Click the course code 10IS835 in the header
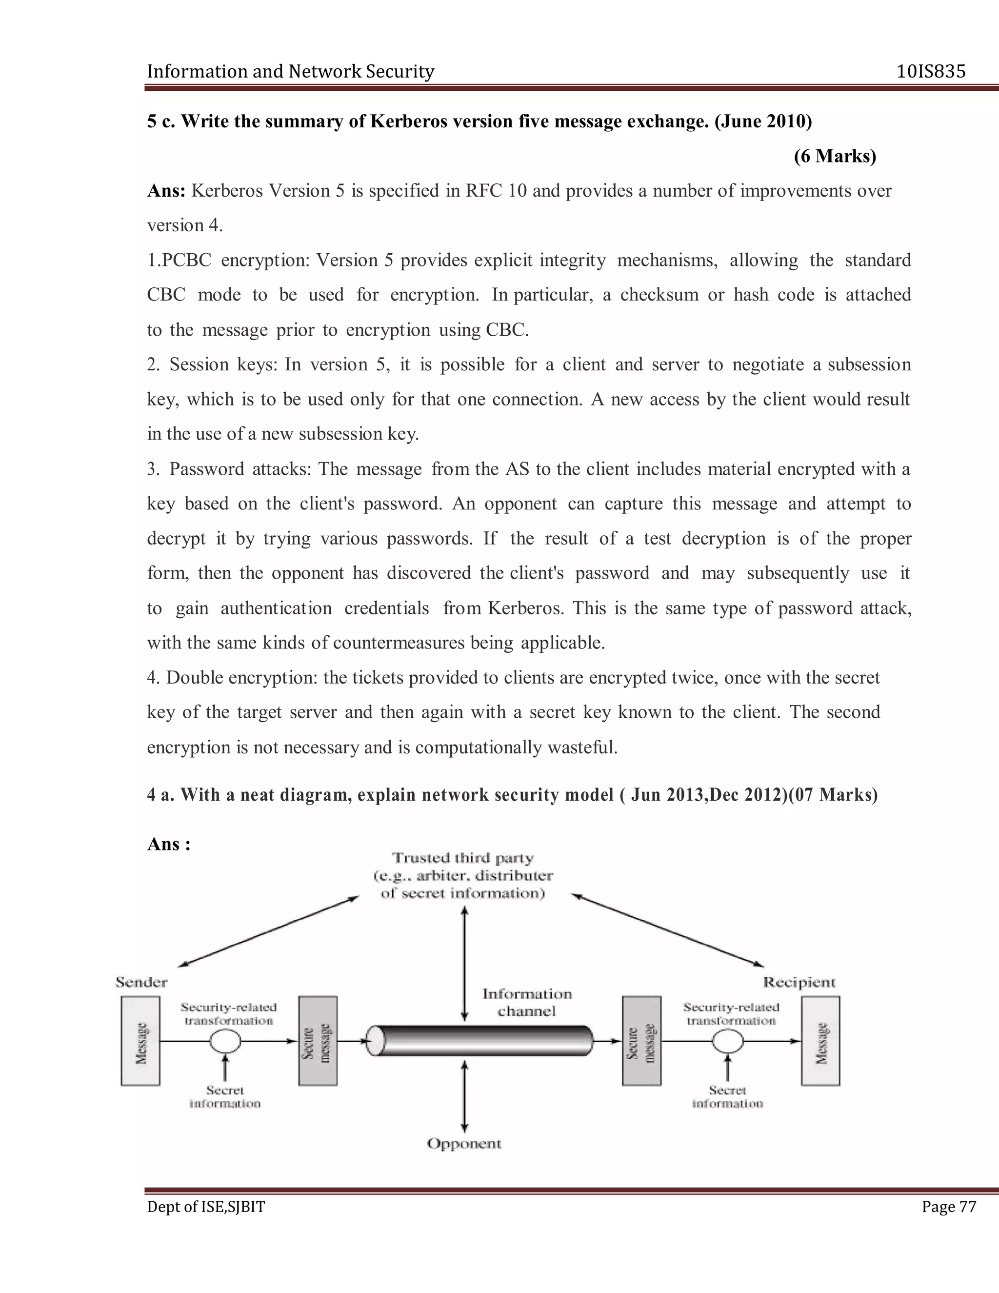click(930, 72)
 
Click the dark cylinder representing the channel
click(480, 1041)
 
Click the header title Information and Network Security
click(291, 72)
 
